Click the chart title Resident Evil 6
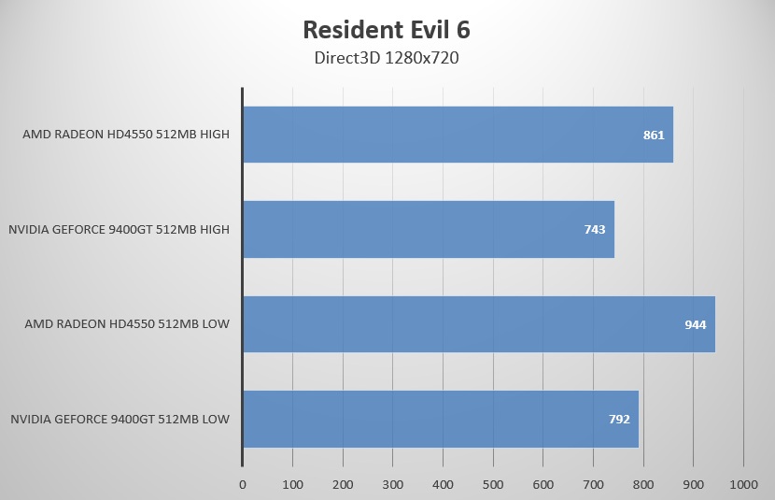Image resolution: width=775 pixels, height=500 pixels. tap(387, 29)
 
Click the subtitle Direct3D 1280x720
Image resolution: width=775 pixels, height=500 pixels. tap(387, 58)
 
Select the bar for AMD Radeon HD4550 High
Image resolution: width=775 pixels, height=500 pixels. tap(458, 135)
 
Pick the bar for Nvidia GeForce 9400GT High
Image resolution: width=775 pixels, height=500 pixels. tap(429, 229)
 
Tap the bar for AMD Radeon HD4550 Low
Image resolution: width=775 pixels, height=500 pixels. tap(478, 324)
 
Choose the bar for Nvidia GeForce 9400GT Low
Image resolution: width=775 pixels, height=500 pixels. tap(441, 419)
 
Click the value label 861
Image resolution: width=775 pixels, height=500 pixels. tap(654, 135)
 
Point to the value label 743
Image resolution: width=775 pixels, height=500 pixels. tap(595, 230)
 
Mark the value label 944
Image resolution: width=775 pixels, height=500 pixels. tap(695, 324)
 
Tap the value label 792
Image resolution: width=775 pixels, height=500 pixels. tap(619, 420)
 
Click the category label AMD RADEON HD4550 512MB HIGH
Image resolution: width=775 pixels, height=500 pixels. tap(126, 135)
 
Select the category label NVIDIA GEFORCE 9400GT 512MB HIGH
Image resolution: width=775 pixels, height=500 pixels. tap(120, 229)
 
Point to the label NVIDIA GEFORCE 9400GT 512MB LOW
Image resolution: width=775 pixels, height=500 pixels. tap(120, 419)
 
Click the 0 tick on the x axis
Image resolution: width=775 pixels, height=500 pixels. tap(243, 485)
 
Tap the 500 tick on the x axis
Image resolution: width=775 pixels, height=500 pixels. tap(493, 485)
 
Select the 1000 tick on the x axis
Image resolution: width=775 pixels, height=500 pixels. tap(743, 485)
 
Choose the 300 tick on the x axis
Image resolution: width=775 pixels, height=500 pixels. tap(393, 485)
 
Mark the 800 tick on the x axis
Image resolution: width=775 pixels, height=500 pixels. tap(643, 485)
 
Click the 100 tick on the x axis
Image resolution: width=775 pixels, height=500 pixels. tap(292, 485)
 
